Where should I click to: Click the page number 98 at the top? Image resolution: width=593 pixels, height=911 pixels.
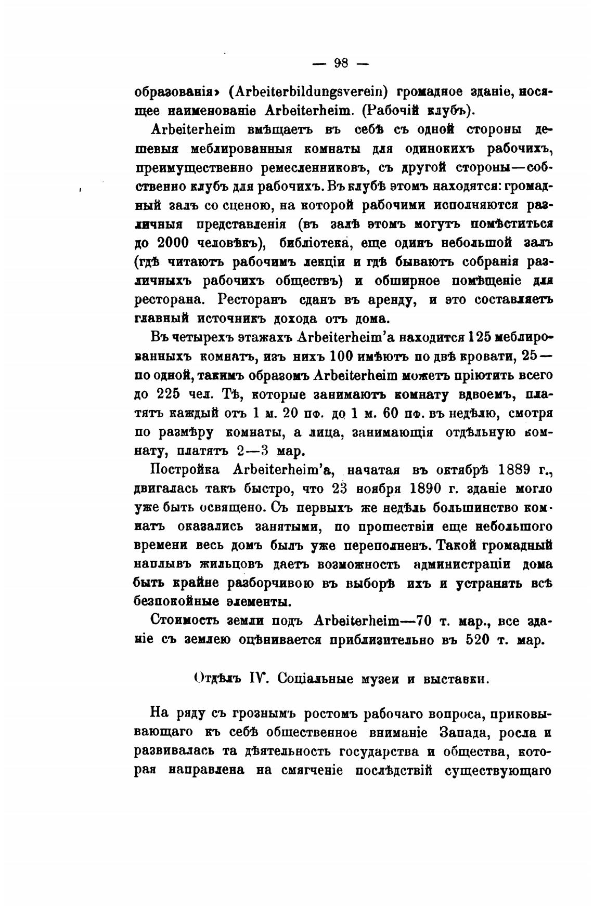tap(340, 64)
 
